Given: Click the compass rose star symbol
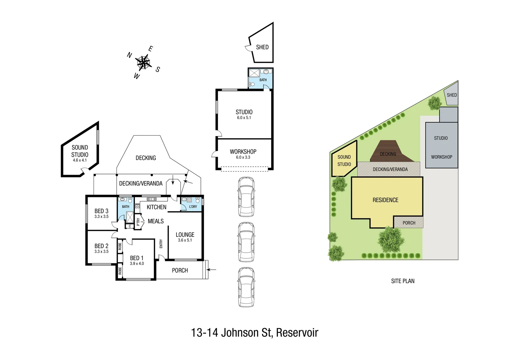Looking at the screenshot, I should pyautogui.click(x=143, y=62).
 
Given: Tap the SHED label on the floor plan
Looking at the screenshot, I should pyautogui.click(x=262, y=47).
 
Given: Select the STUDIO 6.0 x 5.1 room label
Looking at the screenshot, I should pyautogui.click(x=244, y=114).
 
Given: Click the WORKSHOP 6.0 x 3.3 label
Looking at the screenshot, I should pyautogui.click(x=243, y=154).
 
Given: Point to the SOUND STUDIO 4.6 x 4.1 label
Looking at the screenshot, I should pyautogui.click(x=80, y=153).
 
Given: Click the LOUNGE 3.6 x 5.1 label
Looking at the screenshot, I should pyautogui.click(x=185, y=237).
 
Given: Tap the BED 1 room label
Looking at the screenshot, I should pyautogui.click(x=137, y=260).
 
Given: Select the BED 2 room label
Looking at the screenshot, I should pyautogui.click(x=101, y=248).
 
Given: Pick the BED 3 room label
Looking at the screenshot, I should pyautogui.click(x=101, y=213).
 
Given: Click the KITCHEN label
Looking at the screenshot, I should pyautogui.click(x=156, y=207).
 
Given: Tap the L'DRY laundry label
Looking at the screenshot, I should pyautogui.click(x=193, y=207).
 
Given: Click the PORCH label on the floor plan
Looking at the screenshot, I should pyautogui.click(x=180, y=270).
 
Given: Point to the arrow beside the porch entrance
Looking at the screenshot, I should pyautogui.click(x=212, y=269).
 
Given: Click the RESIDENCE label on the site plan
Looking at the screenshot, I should pyautogui.click(x=385, y=200).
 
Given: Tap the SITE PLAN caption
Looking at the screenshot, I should pyautogui.click(x=403, y=281).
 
